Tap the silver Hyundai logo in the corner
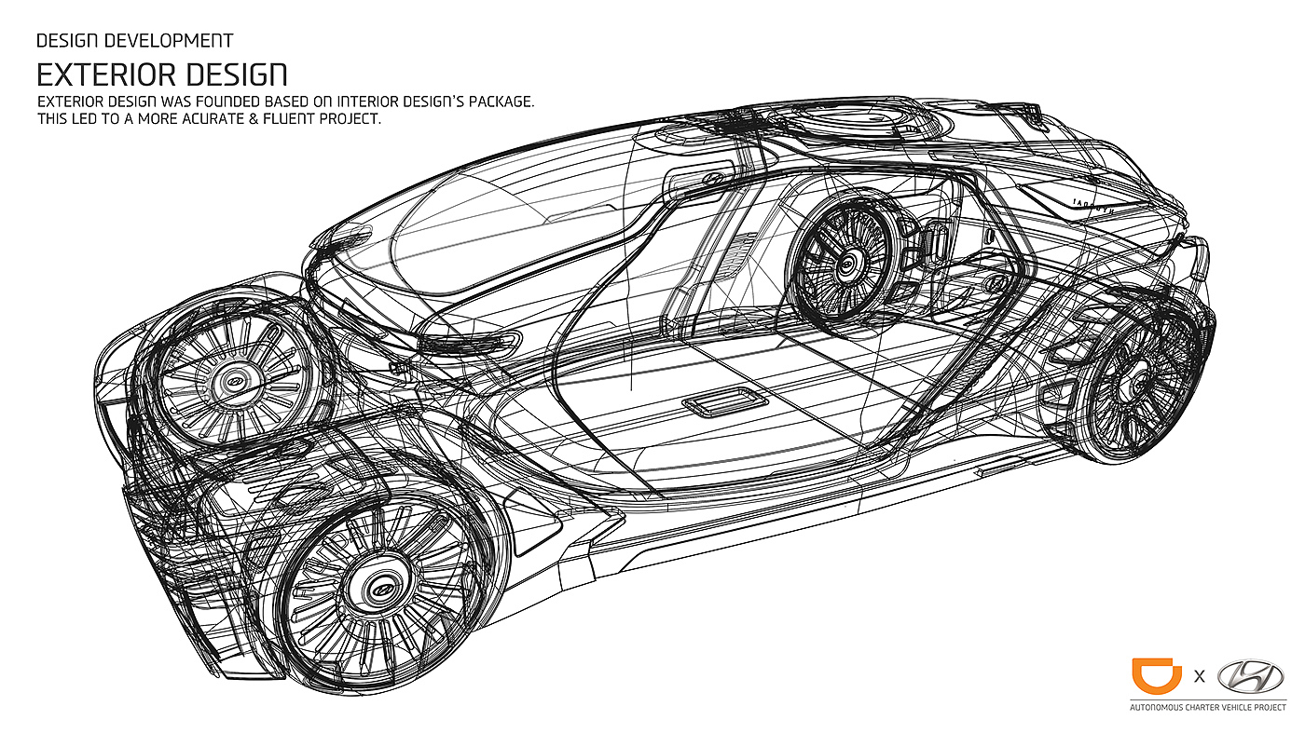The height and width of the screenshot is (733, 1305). (1250, 676)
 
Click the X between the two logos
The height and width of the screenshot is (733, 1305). (1200, 677)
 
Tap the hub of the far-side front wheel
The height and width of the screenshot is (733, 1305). (229, 381)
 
